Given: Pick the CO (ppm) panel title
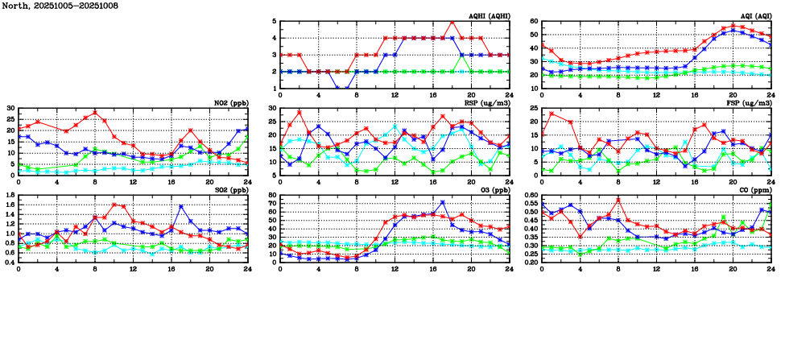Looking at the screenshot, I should (754, 189).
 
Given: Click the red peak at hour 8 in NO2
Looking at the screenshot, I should (95, 113).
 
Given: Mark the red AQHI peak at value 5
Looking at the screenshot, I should (452, 22).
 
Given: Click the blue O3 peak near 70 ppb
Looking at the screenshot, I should (443, 203).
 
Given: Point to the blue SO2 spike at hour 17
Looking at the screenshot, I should (181, 207).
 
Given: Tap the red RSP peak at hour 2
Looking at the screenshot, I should (300, 112).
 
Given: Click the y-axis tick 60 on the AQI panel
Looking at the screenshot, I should (534, 22).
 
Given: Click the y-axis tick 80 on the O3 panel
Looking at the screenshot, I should (271, 195).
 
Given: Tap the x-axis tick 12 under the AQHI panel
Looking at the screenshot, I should (395, 96).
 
